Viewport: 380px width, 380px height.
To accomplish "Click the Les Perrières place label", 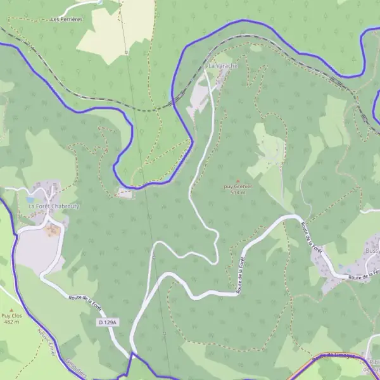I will coord(66,20).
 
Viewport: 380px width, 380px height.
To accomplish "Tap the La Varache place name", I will coord(222,66).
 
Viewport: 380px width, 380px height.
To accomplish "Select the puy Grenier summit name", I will coord(237,186).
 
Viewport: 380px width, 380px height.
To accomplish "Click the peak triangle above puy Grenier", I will coord(238,180).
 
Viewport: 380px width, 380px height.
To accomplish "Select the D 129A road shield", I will coord(108,323).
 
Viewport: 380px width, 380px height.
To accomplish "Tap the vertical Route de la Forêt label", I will coord(241,272).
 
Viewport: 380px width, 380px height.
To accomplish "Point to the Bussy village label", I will coord(372,251).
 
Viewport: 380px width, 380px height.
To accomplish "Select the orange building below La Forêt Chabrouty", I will coord(52,229).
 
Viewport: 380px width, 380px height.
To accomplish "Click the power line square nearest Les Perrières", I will coord(126,51).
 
